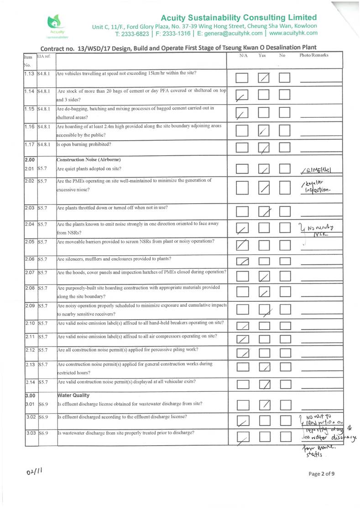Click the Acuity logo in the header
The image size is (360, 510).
point(57,25)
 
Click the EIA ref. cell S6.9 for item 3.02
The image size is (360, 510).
point(44,417)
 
